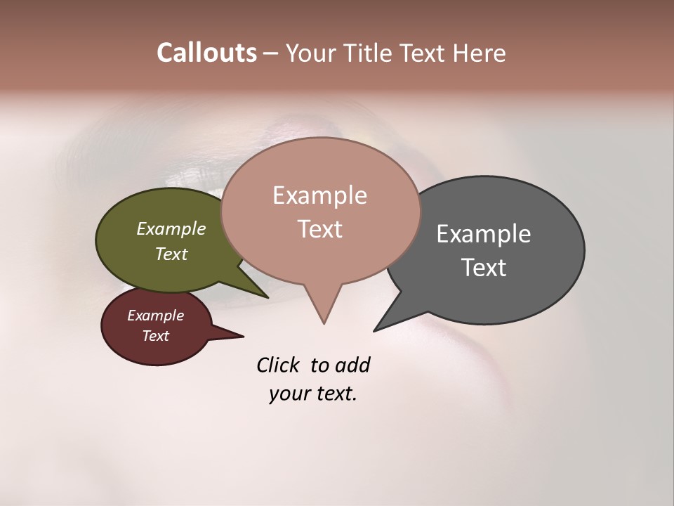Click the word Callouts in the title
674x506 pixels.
pos(206,53)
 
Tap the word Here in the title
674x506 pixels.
pos(479,53)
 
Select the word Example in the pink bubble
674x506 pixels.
pos(319,195)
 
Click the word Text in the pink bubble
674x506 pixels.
pos(319,229)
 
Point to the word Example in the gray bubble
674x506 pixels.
pos(483,234)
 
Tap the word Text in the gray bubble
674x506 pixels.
pos(483,268)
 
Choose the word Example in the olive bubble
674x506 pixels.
pos(171,228)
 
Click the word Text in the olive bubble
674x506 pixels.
pos(171,254)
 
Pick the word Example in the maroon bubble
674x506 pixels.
pos(155,316)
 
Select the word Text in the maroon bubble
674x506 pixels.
pos(155,336)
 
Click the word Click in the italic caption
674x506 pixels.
pos(279,365)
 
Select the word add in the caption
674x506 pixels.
pos(352,365)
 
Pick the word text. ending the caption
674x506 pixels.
pos(333,394)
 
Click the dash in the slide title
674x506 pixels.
pos(271,53)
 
